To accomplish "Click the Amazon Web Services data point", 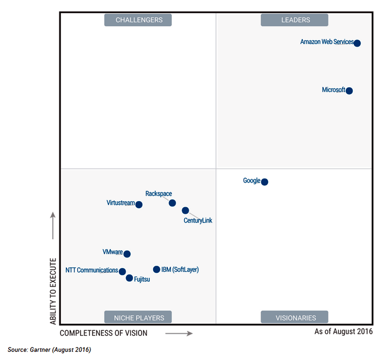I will (x=357, y=43).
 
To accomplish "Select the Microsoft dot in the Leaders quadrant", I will (x=349, y=91).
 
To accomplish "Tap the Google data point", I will (x=264, y=182).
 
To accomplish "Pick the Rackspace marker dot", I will (x=172, y=203).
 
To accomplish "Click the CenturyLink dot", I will (x=185, y=210).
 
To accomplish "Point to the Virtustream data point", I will (x=139, y=205).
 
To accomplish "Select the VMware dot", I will (x=127, y=254).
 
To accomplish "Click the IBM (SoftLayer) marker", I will (x=156, y=270).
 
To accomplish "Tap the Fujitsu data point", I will (x=129, y=278).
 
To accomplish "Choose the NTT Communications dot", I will (x=122, y=272).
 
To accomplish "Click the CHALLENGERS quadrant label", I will (x=139, y=20).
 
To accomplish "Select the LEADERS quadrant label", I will (x=295, y=20).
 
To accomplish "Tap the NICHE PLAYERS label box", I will (x=139, y=317).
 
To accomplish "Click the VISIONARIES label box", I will (x=295, y=317).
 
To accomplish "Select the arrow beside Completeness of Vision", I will (x=179, y=333).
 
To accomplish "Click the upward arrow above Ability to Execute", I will (x=53, y=225).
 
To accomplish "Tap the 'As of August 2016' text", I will (x=343, y=332).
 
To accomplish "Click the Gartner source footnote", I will (x=49, y=350).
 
